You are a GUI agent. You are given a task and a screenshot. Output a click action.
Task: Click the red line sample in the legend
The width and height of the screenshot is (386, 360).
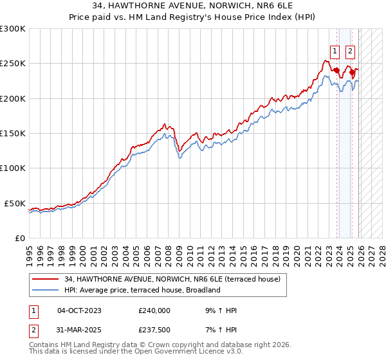46,280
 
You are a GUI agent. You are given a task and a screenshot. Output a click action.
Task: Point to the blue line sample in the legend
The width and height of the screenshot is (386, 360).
46,290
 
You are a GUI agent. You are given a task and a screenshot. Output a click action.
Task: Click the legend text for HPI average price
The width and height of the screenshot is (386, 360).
142,290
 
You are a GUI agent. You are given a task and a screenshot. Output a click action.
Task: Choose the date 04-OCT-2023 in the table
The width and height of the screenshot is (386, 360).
79,310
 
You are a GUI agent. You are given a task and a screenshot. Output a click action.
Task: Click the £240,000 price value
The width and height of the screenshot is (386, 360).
154,310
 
